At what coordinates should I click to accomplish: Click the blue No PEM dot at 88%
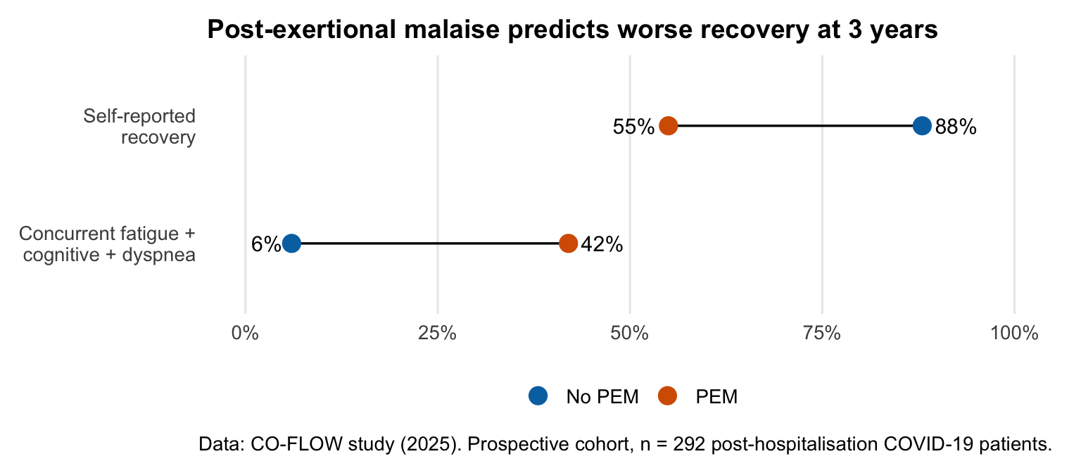[922, 126]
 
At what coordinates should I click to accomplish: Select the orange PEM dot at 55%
[668, 126]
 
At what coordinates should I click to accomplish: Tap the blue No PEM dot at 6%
[291, 244]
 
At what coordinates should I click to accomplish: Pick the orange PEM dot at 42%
[568, 244]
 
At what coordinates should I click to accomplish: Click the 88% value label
[956, 127]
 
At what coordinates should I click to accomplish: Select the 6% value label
[265, 244]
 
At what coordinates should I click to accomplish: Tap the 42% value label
[602, 244]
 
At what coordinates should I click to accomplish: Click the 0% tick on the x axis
[245, 333]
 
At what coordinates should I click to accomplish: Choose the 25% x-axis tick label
[437, 333]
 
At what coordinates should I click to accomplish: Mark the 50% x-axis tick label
[629, 333]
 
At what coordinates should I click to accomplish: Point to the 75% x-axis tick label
[822, 333]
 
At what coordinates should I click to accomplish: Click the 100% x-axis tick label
[1014, 333]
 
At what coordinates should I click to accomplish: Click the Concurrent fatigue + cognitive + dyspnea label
[108, 244]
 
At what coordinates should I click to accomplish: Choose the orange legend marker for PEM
[666, 396]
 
